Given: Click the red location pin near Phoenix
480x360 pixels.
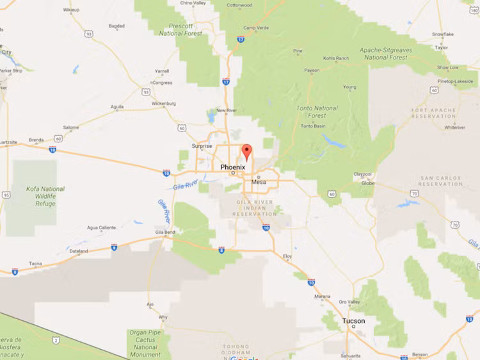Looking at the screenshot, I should click(x=246, y=152).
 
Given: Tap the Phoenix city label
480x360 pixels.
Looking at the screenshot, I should click(x=232, y=167).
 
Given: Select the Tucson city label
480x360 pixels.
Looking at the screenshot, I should click(x=353, y=321).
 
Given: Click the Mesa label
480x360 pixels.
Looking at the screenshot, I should click(x=259, y=182).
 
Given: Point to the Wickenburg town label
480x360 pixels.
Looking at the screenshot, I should click(x=163, y=103).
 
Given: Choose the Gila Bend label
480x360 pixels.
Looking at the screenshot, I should click(x=164, y=232).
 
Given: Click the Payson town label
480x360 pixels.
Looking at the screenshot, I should click(x=312, y=70).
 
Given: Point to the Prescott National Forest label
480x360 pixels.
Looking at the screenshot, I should click(x=180, y=29).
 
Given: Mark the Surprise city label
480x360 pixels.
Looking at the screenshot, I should click(x=202, y=146).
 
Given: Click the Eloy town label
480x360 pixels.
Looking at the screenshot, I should click(x=287, y=257).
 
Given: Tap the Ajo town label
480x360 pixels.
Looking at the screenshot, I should click(x=149, y=304).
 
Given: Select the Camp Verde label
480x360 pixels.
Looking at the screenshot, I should click(x=257, y=28).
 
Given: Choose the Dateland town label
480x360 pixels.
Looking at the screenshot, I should click(x=79, y=251).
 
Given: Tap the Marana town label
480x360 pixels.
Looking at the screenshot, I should click(x=323, y=297).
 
